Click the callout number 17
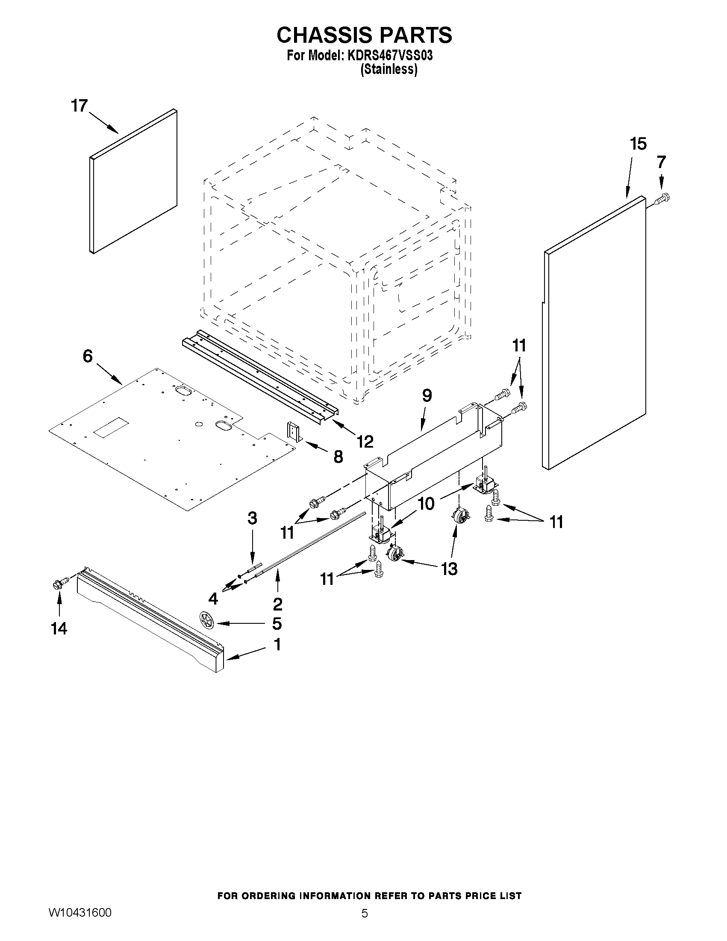[x=79, y=106]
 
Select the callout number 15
[x=638, y=144]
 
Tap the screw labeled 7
[x=663, y=199]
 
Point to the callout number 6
[x=88, y=356]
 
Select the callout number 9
[x=427, y=395]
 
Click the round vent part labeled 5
[x=208, y=622]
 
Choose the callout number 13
[x=449, y=569]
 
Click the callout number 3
[x=253, y=518]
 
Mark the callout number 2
[x=277, y=604]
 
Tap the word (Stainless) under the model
[x=389, y=69]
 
